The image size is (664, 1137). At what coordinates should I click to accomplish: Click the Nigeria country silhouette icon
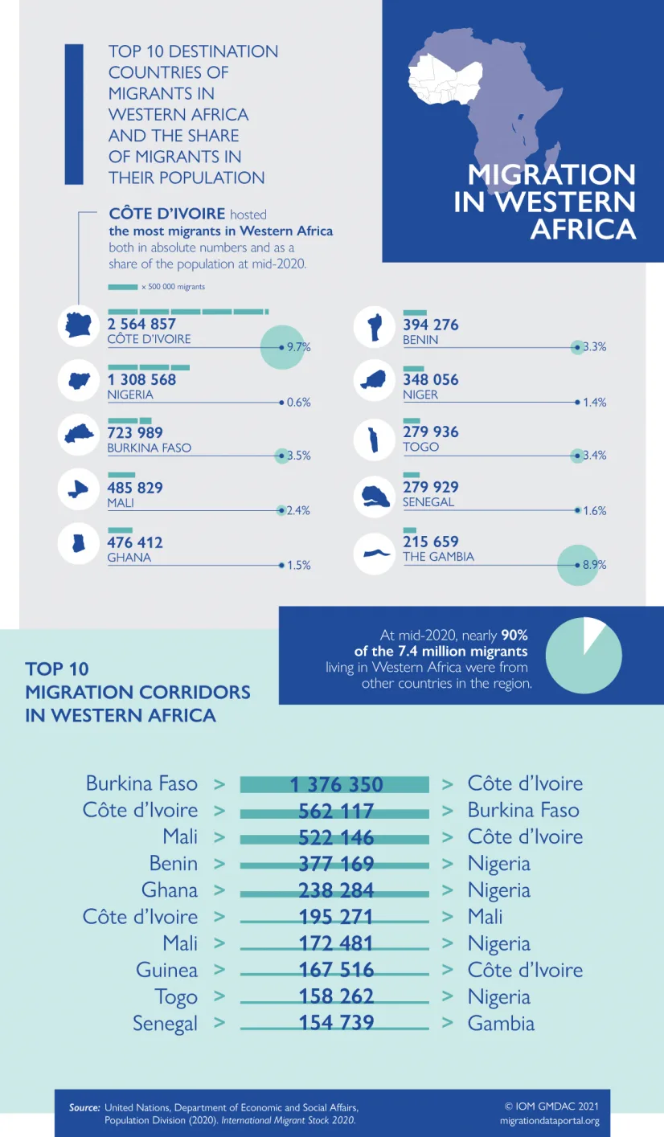coord(80,380)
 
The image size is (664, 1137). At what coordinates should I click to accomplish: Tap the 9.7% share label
coord(298,347)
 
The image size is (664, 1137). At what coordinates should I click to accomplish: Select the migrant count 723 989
coord(135,432)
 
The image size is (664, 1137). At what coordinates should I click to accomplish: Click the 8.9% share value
coord(594,565)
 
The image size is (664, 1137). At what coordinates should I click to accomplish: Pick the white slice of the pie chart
coord(593,634)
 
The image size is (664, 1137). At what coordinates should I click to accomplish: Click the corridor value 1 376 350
coord(336,785)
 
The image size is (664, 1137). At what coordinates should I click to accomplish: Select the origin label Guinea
coord(166,970)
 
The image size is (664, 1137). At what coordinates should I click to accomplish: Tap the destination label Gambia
coord(501,1024)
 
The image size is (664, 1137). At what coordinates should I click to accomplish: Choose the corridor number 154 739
coord(336,1022)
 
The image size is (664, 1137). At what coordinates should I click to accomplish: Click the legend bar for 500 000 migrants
coord(123,288)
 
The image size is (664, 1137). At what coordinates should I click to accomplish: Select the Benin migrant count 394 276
coord(431,325)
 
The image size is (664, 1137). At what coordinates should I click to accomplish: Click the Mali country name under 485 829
coord(121,503)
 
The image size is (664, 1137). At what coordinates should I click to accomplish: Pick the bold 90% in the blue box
coord(514,636)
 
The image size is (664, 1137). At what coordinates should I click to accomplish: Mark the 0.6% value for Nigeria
coord(298,403)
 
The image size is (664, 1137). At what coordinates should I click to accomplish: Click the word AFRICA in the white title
coord(583,230)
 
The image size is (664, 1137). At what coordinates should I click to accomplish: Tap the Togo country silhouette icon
coord(374,440)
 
